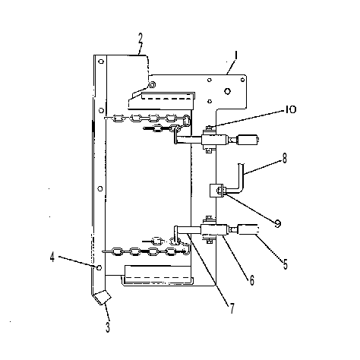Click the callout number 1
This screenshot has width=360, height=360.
coord(236,55)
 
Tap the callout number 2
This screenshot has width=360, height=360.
coord(141,38)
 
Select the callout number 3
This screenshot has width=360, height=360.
coord(108,327)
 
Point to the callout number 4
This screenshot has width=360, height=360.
coord(52,257)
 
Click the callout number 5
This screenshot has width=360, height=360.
coord(286,264)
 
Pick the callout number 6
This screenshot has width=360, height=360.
coord(251,280)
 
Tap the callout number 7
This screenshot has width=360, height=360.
coord(232,308)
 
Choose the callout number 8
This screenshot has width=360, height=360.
coord(285,159)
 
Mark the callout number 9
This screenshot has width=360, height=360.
coord(278,223)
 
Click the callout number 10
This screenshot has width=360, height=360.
coord(291,110)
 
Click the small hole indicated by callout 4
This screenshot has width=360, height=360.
coord(99,267)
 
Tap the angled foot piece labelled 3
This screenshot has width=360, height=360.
coord(103,298)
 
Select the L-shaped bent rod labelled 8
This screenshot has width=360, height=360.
coord(237,182)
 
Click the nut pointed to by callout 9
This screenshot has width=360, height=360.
coord(219,189)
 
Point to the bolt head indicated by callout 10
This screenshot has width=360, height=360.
coord(208,128)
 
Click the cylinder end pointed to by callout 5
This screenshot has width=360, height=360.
coord(248,229)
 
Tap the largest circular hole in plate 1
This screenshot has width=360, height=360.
coord(227,91)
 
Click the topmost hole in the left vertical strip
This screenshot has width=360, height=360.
coord(101,62)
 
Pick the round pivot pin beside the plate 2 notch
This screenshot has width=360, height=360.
coord(152,84)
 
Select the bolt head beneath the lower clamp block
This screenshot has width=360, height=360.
coord(209,242)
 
